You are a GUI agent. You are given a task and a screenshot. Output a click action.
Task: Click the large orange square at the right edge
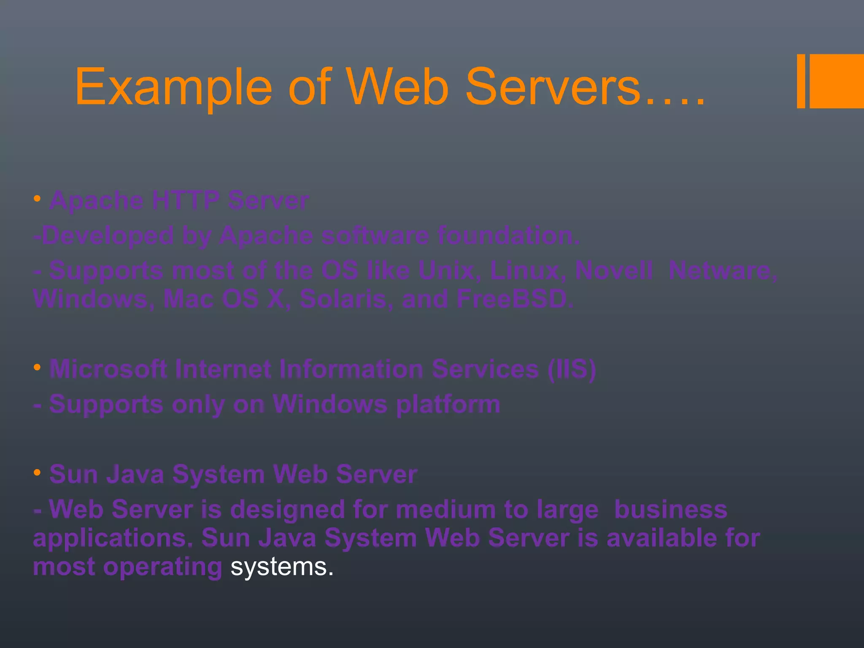click(x=837, y=81)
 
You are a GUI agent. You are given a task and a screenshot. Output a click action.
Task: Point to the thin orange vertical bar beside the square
click(x=801, y=81)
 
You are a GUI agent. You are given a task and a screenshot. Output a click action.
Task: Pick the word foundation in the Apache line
click(x=508, y=235)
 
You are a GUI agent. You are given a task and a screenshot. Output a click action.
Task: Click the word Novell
click(x=614, y=270)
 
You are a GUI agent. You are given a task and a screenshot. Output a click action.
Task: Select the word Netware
click(x=723, y=270)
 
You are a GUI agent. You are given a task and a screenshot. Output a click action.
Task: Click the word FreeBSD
click(x=515, y=299)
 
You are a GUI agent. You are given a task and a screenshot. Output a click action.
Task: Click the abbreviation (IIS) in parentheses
click(x=572, y=369)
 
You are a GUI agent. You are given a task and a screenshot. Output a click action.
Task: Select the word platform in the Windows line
click(x=448, y=405)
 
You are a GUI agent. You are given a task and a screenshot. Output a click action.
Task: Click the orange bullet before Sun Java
click(x=37, y=473)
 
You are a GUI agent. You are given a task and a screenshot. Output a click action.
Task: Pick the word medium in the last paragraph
click(x=445, y=509)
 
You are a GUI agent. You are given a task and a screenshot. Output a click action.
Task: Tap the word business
click(x=671, y=509)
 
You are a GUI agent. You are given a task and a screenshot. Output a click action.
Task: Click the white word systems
click(x=281, y=567)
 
